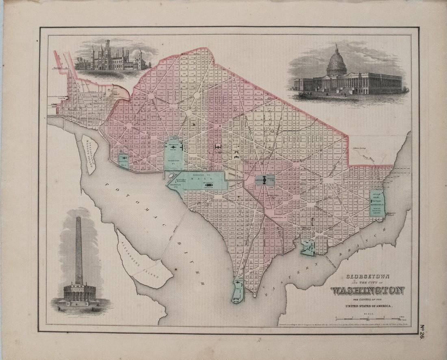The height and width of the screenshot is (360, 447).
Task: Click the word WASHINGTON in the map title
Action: (x=367, y=291)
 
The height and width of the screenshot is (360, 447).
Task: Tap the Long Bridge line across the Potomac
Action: (x=171, y=236)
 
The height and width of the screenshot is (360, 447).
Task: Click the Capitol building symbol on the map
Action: (x=264, y=180)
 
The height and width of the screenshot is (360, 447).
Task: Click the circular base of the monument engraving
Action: (x=80, y=293)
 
